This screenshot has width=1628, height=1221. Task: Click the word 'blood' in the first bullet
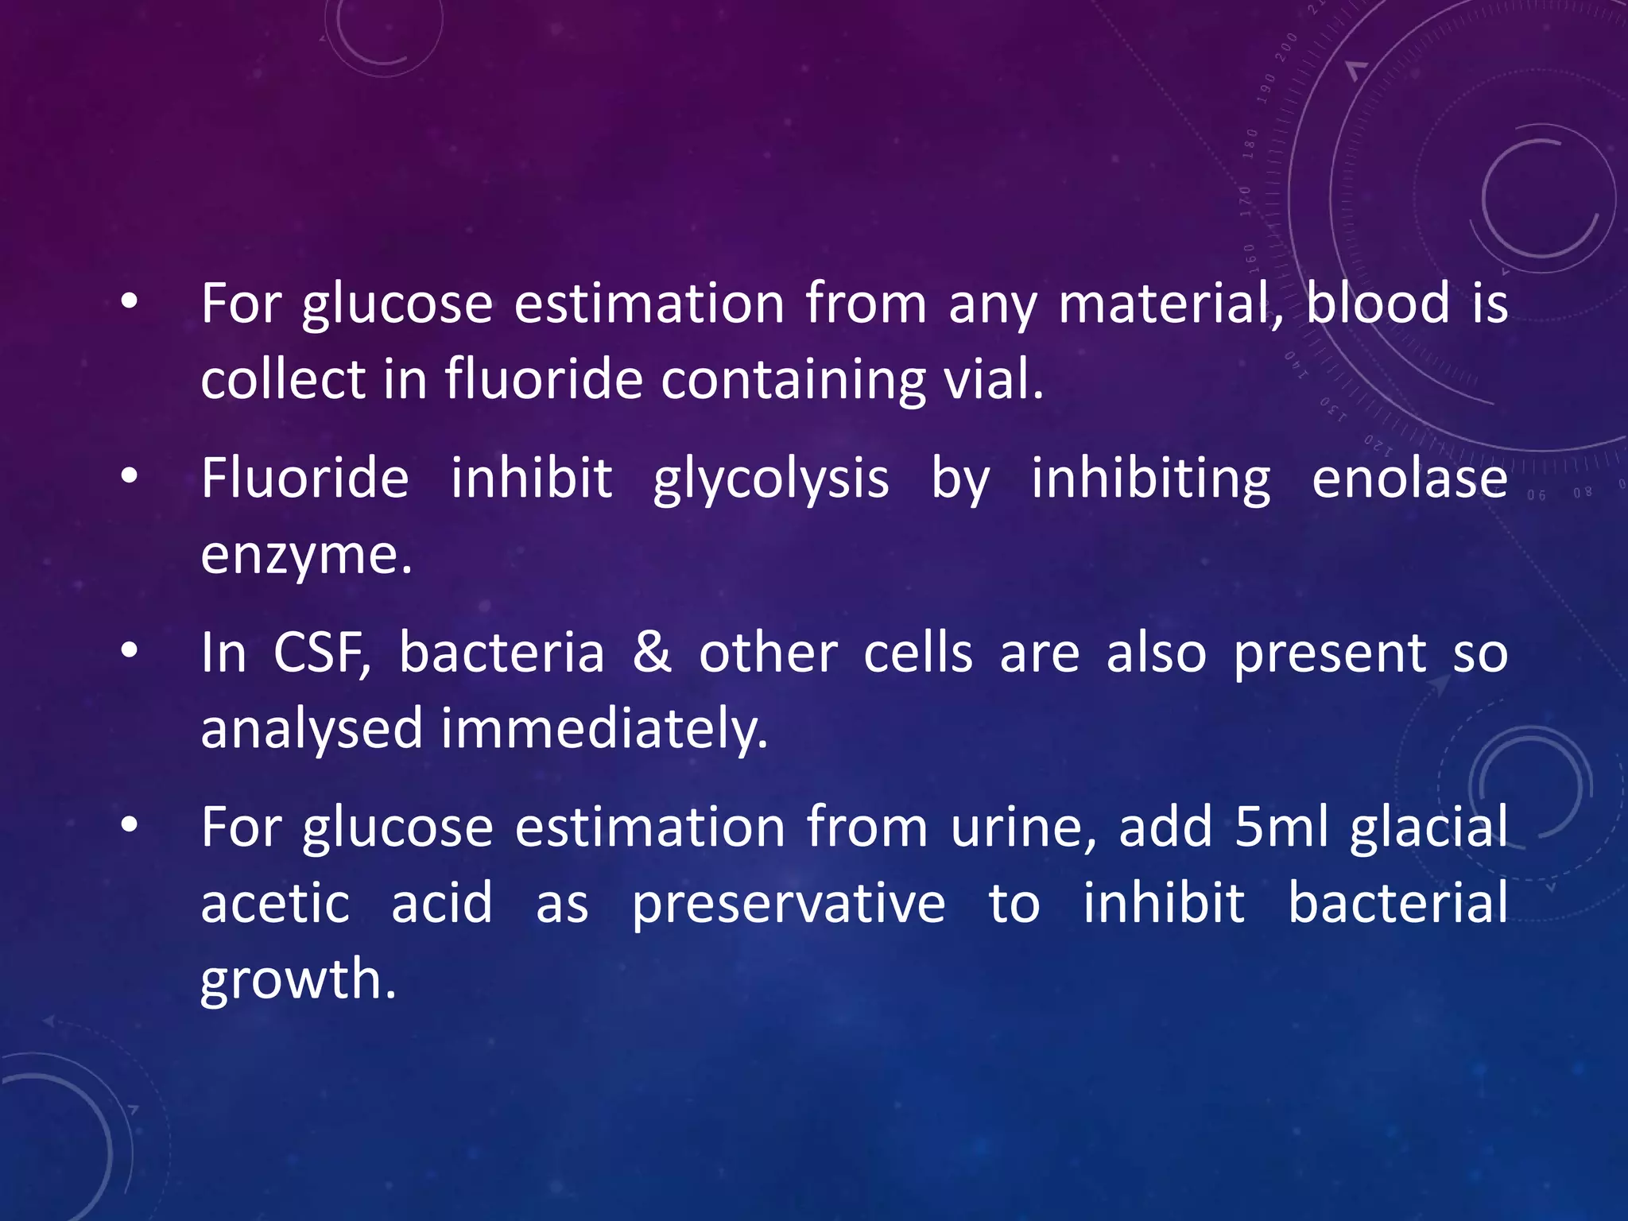(1378, 304)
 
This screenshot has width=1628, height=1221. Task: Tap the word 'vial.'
(993, 378)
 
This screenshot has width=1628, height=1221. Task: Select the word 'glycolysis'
(770, 480)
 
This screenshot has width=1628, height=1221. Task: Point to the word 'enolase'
(1409, 479)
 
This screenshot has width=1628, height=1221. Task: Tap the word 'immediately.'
(604, 729)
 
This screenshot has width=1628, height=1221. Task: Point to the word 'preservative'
(789, 905)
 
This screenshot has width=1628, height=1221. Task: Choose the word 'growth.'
(298, 980)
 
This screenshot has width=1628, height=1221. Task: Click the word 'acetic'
(275, 905)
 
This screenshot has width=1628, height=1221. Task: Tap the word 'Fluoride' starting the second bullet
(304, 479)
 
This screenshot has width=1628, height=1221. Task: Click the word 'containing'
(793, 380)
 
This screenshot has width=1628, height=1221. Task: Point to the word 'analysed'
(311, 729)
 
